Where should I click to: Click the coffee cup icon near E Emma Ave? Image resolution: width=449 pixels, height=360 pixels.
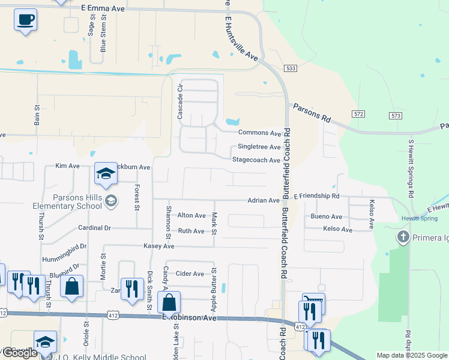pyautogui.click(x=25, y=19)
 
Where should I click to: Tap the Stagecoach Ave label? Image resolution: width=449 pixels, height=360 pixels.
pyautogui.click(x=256, y=160)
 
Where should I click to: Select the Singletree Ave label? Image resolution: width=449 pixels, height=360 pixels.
pyautogui.click(x=259, y=147)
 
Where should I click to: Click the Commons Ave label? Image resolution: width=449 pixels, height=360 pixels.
pyautogui.click(x=260, y=133)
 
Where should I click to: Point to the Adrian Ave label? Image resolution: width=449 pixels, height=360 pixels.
pyautogui.click(x=264, y=200)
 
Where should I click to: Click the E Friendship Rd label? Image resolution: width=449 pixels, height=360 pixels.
pyautogui.click(x=316, y=196)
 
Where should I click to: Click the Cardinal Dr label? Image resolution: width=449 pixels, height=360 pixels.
pyautogui.click(x=95, y=228)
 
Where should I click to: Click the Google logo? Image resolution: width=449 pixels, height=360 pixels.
pyautogui.click(x=20, y=353)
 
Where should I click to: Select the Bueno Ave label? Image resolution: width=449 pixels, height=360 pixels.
pyautogui.click(x=327, y=217)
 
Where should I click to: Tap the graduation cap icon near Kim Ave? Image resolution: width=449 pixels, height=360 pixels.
pyautogui.click(x=105, y=175)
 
